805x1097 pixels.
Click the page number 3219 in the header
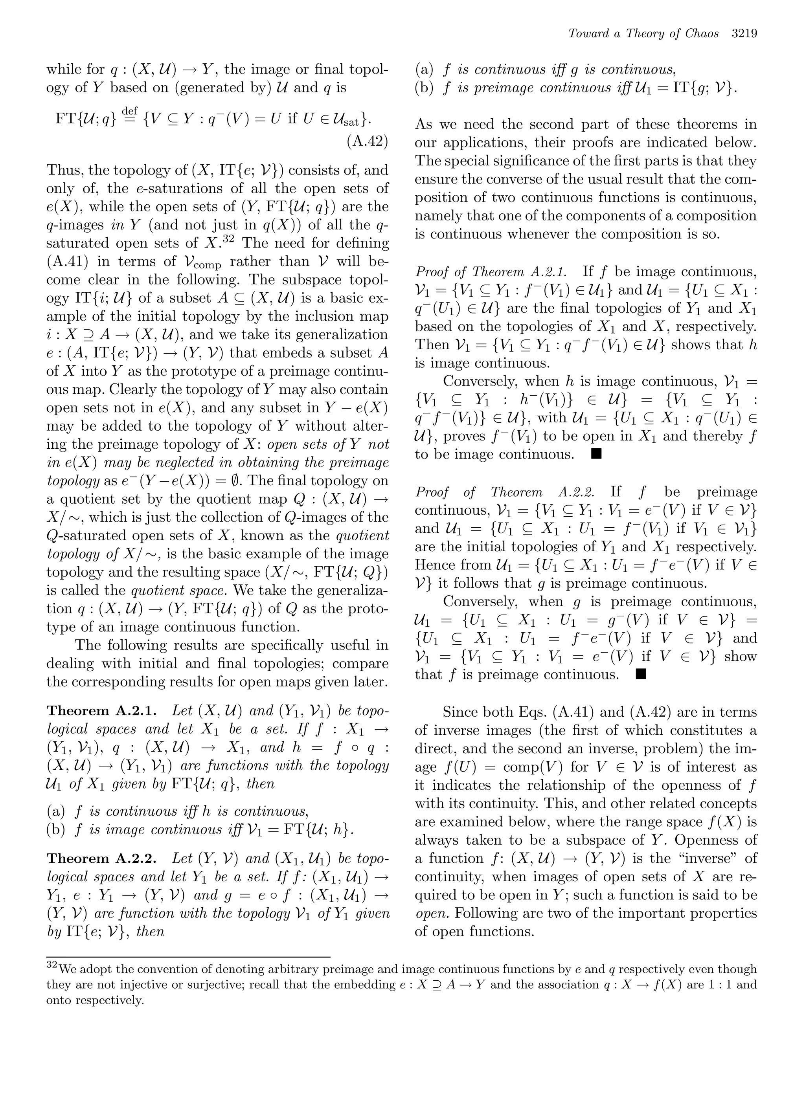coord(744,34)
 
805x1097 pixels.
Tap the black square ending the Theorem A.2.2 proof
coord(640,674)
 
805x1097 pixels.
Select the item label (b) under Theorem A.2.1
coord(56,829)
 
